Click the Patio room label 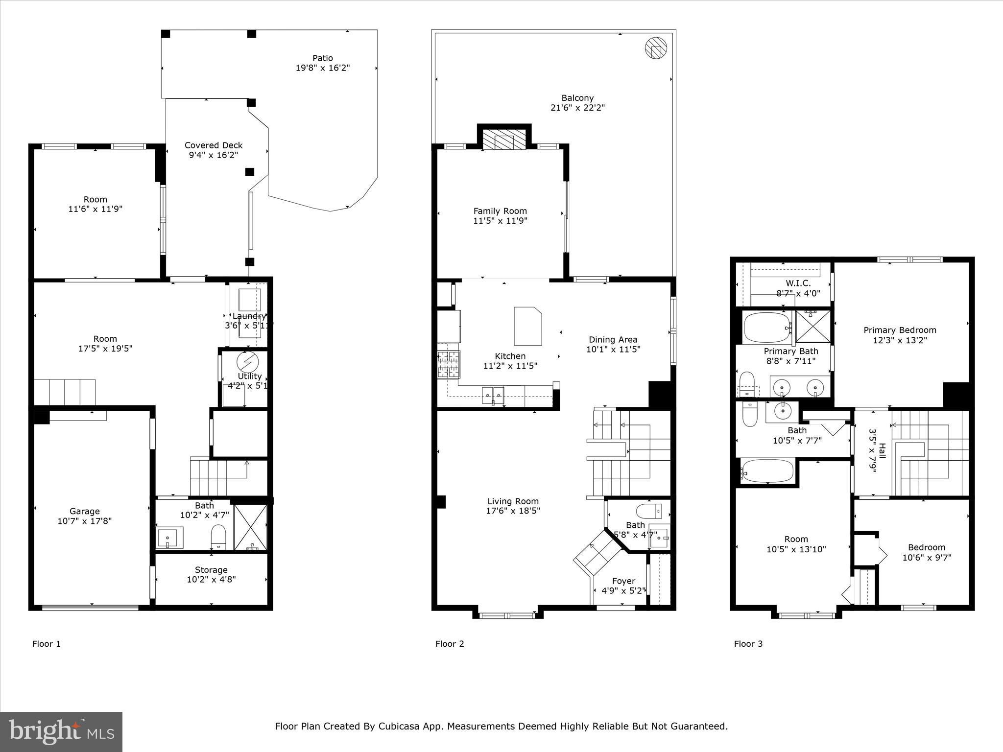[323, 58]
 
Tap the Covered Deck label [214, 145]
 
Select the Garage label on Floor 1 [85, 512]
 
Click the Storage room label [211, 570]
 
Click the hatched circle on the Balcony [656, 48]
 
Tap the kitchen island [528, 326]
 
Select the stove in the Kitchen [449, 365]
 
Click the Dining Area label [613, 340]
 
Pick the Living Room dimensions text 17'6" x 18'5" [513, 511]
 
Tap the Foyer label [623, 581]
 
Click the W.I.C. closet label [798, 283]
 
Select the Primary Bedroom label [900, 330]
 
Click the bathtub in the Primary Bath [767, 328]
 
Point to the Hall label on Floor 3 [882, 450]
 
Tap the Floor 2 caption [450, 644]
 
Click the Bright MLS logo [61, 731]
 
